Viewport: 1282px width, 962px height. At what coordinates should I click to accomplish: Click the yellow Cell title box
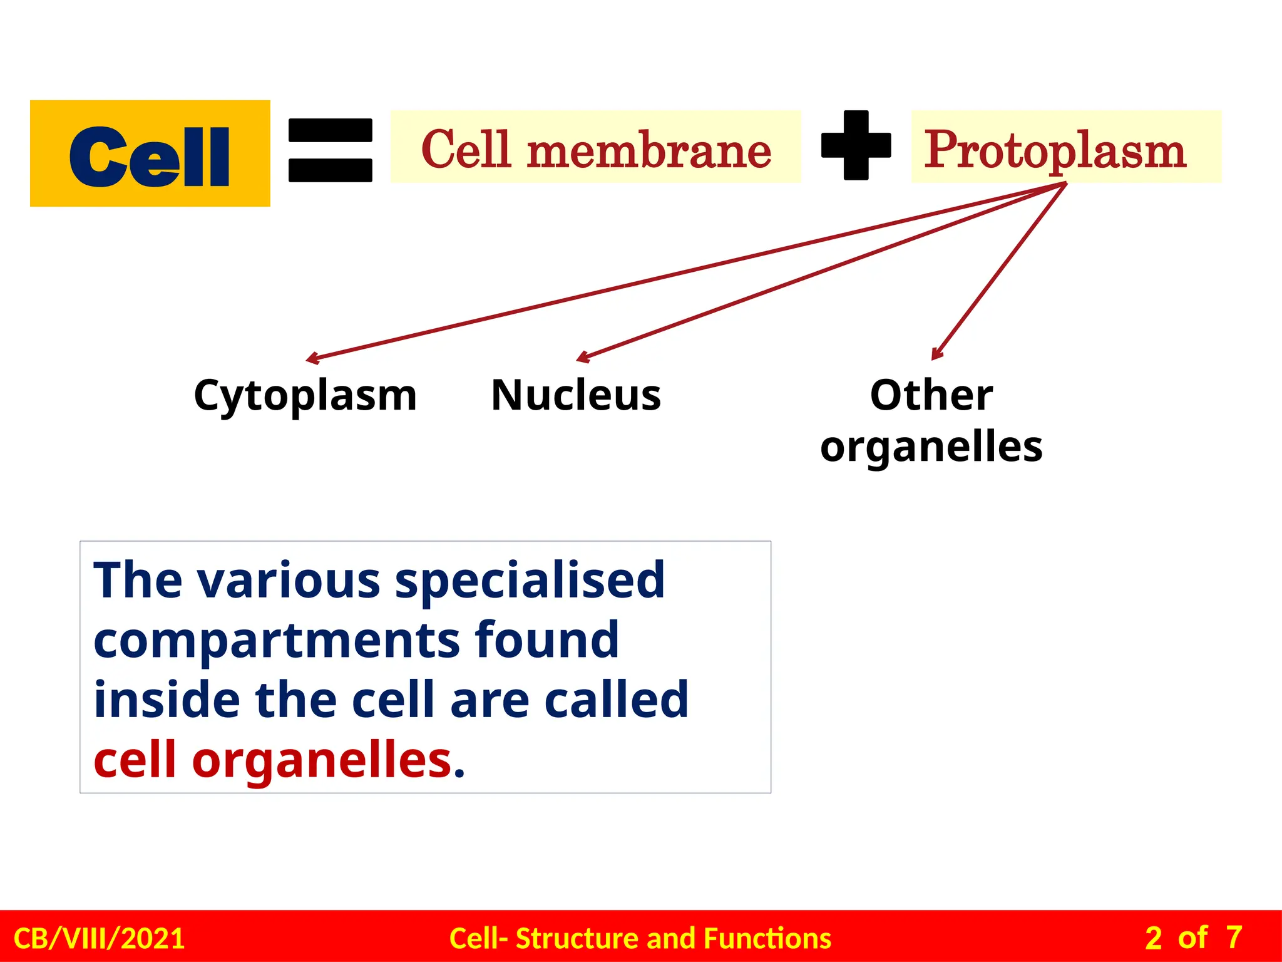coord(150,154)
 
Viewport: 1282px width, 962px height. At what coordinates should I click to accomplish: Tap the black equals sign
coord(331,150)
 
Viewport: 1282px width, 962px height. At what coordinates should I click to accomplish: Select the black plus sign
coord(856,145)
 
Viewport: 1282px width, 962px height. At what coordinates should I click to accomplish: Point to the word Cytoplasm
coord(305,396)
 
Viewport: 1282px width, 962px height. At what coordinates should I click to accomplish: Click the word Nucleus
coord(576,396)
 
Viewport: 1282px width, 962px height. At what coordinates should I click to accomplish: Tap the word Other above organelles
coord(931,396)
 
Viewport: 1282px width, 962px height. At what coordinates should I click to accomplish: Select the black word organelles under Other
coord(931,447)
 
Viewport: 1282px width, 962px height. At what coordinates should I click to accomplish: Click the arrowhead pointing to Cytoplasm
coord(312,359)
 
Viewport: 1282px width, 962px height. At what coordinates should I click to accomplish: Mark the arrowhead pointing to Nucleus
coord(582,358)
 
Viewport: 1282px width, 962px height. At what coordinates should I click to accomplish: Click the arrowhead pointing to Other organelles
coord(936,354)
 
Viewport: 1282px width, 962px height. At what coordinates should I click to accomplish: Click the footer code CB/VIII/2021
coord(99,938)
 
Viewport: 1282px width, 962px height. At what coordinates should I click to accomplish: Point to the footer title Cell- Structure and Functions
coord(640,938)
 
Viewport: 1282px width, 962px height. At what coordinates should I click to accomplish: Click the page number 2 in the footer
coord(1153,938)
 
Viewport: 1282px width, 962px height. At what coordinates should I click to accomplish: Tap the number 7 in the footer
coord(1234,938)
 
